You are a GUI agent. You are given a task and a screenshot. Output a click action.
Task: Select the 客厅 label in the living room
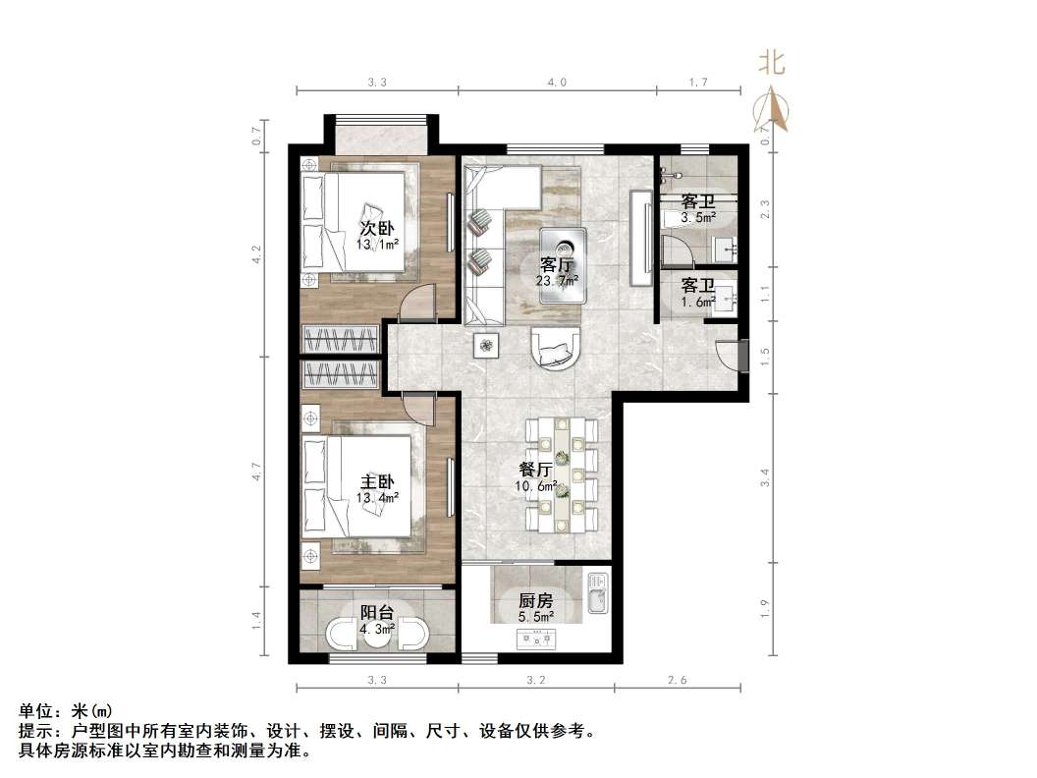(557, 264)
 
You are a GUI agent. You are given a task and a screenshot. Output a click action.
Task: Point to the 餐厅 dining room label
(537, 470)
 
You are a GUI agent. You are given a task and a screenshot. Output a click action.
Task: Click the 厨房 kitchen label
(535, 600)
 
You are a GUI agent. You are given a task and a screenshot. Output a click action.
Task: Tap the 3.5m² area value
(698, 217)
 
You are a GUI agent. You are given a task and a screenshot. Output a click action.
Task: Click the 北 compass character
(771, 64)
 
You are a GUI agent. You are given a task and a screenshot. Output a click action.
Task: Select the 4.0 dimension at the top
(557, 83)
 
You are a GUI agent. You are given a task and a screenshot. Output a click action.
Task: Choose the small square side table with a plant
(487, 344)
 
